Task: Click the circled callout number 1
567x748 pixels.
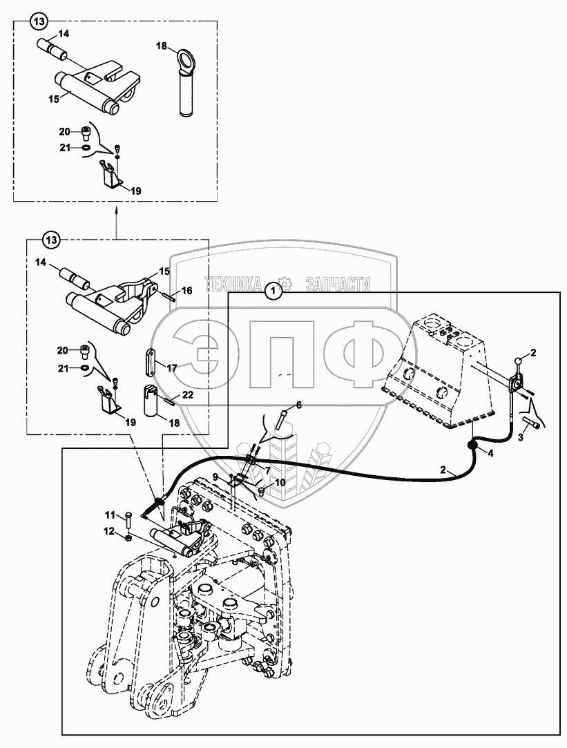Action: pos(274,292)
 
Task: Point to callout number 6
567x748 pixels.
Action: pos(299,405)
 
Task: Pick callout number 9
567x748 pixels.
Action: pos(215,477)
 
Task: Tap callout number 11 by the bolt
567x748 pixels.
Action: pos(110,515)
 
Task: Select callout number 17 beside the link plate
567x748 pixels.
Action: pos(171,369)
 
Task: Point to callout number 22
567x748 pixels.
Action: pos(186,395)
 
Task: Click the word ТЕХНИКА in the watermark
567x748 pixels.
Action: pos(232,283)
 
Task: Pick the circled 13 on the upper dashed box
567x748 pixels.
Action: pos(39,23)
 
